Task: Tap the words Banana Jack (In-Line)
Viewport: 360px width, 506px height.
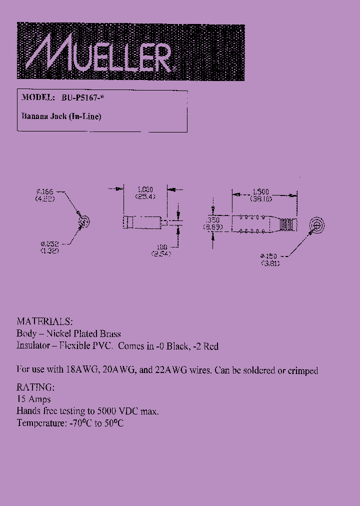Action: tap(61, 116)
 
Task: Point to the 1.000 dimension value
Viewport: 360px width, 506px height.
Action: tap(145, 189)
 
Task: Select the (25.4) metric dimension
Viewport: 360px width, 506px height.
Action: tap(145, 196)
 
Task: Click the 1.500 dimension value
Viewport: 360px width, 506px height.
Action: tap(261, 191)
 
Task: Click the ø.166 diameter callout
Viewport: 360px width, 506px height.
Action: tap(45, 191)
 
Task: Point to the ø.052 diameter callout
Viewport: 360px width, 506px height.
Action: tap(50, 244)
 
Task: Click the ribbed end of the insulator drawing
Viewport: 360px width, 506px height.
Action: tap(286, 224)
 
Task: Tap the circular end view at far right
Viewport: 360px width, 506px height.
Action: tap(316, 224)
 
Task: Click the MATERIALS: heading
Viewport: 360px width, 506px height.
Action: tap(44, 321)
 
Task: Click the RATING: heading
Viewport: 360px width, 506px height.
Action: tap(35, 387)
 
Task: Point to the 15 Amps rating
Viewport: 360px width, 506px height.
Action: tap(33, 399)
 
